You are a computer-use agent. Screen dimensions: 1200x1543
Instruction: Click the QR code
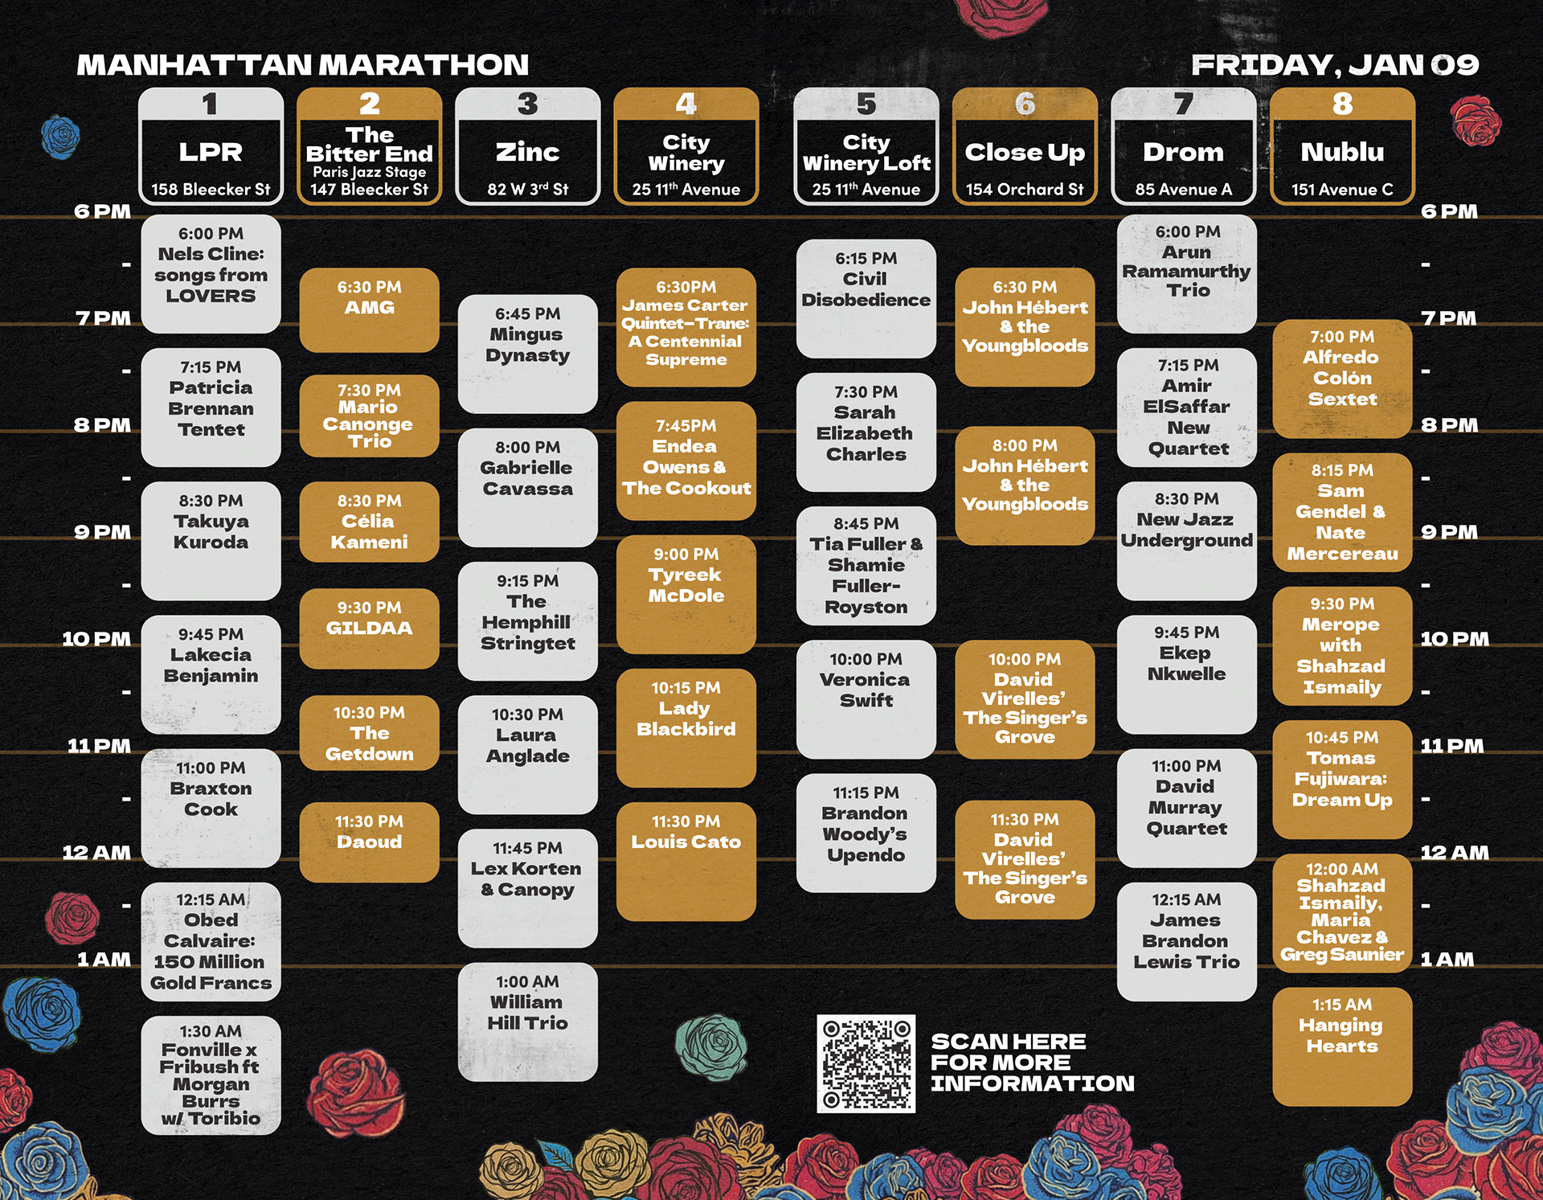(x=866, y=1063)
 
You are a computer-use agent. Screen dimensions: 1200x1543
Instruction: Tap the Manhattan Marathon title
(x=302, y=65)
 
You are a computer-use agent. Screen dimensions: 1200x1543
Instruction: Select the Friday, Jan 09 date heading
(x=1334, y=65)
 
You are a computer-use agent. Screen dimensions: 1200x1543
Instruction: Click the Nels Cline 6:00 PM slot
(x=211, y=273)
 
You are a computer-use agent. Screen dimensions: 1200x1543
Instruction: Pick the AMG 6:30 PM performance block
(x=369, y=309)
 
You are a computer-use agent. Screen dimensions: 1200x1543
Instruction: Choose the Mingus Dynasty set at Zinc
(x=527, y=354)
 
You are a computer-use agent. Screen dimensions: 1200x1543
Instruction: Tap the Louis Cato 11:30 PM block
(x=686, y=861)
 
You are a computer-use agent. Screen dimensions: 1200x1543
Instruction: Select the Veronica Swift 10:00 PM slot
(x=866, y=698)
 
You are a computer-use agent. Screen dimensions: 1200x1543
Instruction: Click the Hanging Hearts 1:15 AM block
(x=1342, y=1046)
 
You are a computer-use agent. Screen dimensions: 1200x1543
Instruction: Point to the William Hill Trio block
(x=527, y=1022)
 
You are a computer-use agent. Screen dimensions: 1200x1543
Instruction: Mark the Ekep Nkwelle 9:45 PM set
(x=1186, y=674)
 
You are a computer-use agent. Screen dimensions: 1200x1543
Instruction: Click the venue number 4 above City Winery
(x=686, y=104)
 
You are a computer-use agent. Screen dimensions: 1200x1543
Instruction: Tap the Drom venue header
(x=1183, y=152)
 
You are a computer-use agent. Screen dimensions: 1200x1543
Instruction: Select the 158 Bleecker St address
(x=211, y=190)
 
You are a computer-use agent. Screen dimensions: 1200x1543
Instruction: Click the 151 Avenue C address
(x=1342, y=190)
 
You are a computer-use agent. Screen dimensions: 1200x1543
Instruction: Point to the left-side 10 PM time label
(x=96, y=639)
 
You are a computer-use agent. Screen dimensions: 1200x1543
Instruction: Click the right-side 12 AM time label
(x=1454, y=853)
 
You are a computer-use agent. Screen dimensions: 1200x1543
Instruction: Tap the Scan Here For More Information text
(x=1032, y=1063)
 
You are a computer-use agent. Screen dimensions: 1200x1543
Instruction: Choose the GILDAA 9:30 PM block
(x=369, y=629)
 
